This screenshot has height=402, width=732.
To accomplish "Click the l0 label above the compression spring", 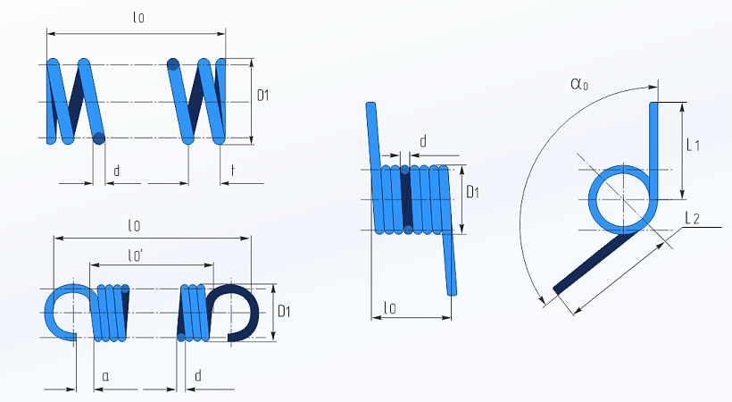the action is click(138, 18).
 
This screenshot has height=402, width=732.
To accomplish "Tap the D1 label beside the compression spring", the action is click(263, 96).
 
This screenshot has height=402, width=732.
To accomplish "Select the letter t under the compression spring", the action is click(233, 171).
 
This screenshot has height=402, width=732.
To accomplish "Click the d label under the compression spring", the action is click(117, 171).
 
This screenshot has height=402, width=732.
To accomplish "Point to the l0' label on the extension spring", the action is click(136, 255).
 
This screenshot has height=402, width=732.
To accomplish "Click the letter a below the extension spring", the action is click(105, 376).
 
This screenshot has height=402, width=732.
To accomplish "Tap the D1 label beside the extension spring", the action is click(284, 311).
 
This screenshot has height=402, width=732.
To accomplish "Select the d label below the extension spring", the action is click(198, 375).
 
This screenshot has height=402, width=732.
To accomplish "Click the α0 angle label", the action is click(579, 84).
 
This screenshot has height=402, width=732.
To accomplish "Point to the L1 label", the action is click(694, 146).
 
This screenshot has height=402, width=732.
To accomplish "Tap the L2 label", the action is click(693, 218).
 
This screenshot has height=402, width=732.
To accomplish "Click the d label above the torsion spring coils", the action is click(423, 142).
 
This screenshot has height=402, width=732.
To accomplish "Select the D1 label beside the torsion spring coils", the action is click(473, 192).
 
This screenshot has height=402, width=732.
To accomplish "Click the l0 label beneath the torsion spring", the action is click(390, 307).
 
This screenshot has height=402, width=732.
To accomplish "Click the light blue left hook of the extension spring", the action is click(70, 313).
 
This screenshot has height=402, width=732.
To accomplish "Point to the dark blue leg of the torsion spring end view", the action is click(593, 263).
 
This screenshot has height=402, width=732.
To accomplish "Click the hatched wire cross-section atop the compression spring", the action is click(173, 65).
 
